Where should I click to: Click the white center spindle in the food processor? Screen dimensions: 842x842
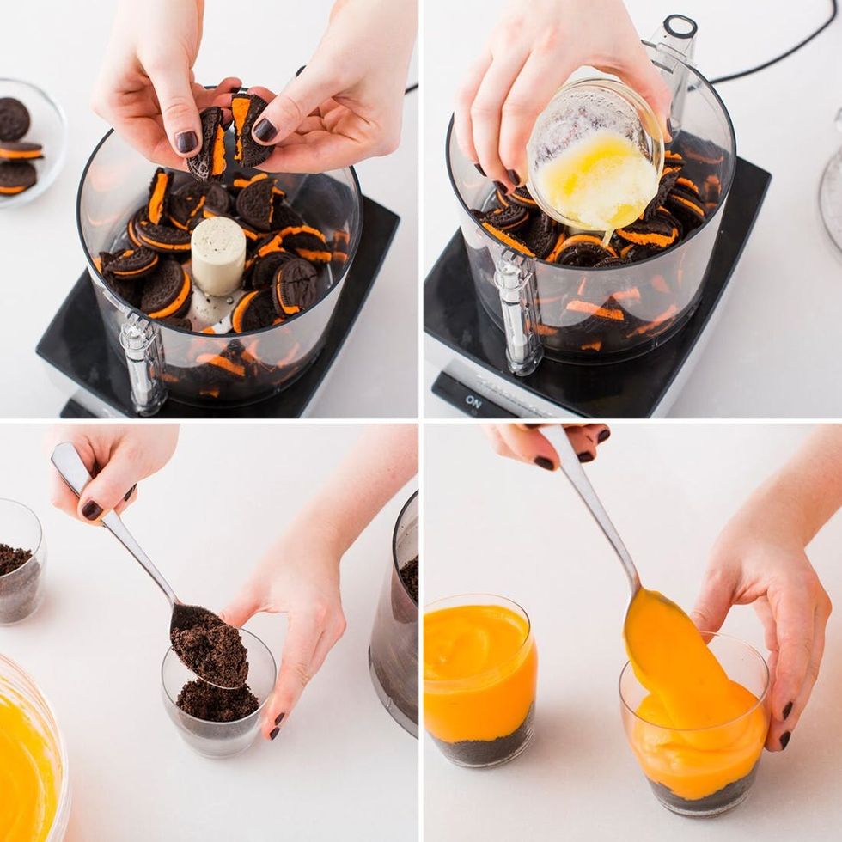(218, 255)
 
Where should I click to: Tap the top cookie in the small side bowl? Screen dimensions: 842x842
(13, 119)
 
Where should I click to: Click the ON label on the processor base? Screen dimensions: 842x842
(473, 401)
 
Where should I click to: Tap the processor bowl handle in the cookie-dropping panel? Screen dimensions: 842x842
(142, 361)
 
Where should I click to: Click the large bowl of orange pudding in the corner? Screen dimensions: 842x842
(30, 756)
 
